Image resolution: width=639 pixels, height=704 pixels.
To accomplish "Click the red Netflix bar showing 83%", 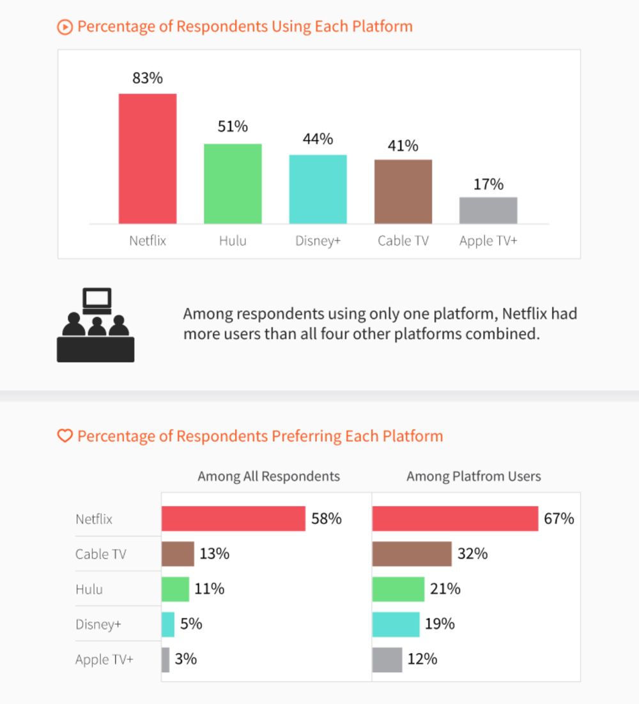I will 148,159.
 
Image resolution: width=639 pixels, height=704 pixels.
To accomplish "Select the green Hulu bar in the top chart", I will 233,184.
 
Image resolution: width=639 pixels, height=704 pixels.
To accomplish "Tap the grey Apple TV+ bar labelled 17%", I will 488,211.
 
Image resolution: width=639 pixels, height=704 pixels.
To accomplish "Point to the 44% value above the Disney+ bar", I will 318,139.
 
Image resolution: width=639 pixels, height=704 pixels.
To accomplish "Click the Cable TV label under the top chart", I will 403,241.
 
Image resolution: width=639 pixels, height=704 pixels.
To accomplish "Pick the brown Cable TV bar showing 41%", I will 403,191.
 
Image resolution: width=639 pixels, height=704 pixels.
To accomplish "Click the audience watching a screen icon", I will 96,326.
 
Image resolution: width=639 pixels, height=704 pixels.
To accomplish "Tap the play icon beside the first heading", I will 65,27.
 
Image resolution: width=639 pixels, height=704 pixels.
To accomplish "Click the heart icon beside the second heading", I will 65,437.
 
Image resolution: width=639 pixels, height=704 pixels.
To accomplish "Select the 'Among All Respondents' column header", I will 268,476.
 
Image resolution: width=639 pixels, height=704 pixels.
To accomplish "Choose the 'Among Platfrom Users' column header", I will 473,476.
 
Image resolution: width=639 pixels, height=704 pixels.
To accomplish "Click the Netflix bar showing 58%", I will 233,519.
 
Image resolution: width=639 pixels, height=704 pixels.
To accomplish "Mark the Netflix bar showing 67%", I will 455,519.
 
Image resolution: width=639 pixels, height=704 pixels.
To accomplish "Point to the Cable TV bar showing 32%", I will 412,554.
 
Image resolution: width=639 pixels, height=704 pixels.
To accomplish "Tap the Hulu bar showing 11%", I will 175,589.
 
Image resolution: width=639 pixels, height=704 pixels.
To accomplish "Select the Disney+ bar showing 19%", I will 396,624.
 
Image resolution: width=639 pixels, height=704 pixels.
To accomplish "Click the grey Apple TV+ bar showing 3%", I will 166,659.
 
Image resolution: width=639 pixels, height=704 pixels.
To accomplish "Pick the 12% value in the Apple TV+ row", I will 422,659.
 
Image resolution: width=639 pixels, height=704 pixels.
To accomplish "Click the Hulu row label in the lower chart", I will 89,589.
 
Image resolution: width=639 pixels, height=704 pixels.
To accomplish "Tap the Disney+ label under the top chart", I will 318,241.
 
